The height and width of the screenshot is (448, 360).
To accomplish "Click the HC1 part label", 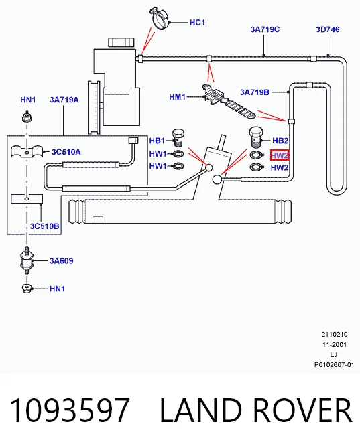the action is (197, 23).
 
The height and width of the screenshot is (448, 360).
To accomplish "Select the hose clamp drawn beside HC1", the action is (160, 17).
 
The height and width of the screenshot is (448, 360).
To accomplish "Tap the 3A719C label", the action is (265, 29).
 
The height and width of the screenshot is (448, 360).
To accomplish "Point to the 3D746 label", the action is (328, 29).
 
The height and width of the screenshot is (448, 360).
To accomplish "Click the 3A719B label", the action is (255, 92).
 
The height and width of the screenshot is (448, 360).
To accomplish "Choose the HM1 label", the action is (177, 97).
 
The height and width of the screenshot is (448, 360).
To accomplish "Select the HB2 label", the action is (280, 141).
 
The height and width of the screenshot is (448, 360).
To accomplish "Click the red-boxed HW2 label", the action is (280, 155).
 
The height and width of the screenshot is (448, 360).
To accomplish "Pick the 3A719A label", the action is (64, 100).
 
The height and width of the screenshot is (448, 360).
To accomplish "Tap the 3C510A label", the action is (66, 152).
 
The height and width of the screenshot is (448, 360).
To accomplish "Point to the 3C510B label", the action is (45, 226).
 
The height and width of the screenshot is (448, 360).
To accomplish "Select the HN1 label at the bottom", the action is (57, 289).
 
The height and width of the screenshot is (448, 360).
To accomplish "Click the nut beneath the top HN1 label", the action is (27, 117).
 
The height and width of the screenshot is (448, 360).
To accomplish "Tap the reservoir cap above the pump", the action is (121, 42).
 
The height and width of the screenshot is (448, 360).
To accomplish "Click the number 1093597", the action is (70, 410).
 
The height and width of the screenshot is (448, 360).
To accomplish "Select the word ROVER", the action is (302, 410).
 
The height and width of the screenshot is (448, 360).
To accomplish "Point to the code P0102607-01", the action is (334, 364).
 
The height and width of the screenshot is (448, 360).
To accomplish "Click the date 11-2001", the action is (335, 345).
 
